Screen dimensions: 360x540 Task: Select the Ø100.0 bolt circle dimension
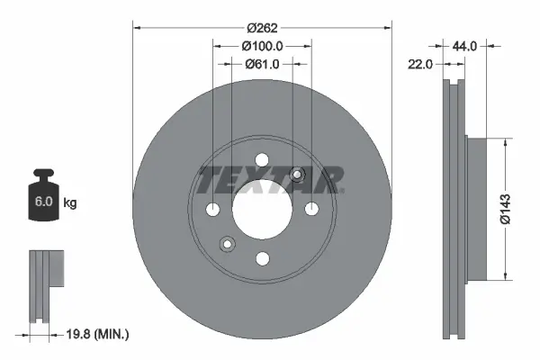(x=263, y=45)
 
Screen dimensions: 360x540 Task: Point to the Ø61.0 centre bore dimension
(x=263, y=64)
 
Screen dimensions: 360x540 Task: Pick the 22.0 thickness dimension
(x=421, y=64)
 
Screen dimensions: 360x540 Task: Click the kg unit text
(x=70, y=203)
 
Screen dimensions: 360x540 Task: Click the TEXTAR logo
(x=270, y=180)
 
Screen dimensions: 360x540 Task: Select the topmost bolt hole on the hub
(x=262, y=160)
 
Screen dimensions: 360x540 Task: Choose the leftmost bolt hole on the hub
(x=212, y=211)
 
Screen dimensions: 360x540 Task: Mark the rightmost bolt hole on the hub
(x=311, y=211)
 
